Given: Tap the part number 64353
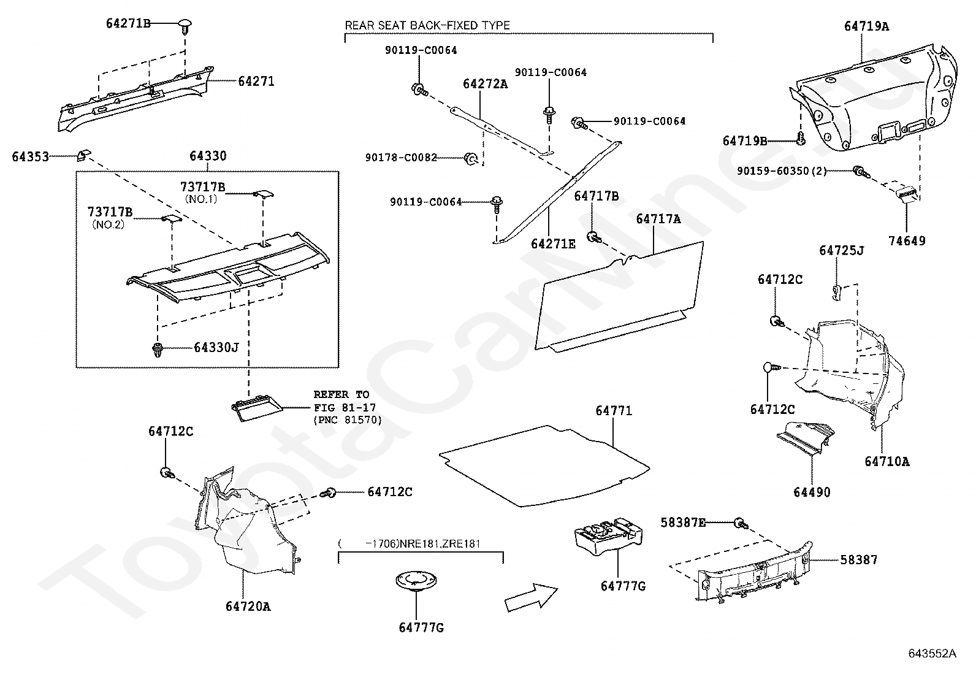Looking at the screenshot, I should [30, 157].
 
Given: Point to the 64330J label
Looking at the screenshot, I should [216, 348].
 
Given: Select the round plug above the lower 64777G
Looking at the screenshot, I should [416, 580].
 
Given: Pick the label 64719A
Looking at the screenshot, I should [866, 26].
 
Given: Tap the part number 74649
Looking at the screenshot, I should [907, 241].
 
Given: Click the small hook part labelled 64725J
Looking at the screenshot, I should [836, 291].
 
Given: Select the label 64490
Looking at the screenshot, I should [812, 492].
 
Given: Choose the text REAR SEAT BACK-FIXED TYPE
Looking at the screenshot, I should [427, 26].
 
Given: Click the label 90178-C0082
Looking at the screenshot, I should [401, 158].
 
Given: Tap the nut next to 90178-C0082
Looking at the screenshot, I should [471, 159].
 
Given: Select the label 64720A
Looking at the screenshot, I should [248, 607].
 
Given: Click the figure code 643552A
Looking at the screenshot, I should [932, 654].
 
